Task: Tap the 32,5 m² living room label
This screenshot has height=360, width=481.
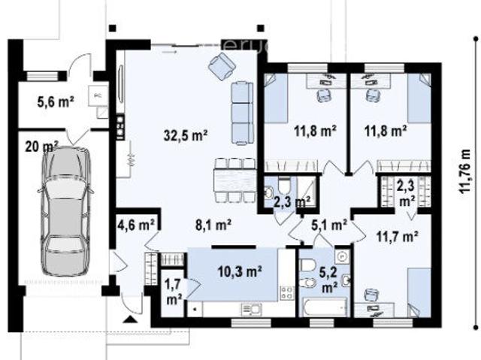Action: pyautogui.click(x=186, y=135)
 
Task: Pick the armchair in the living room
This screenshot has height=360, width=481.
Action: pyautogui.click(x=221, y=68)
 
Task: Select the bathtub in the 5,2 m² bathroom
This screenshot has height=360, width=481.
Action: pyautogui.click(x=322, y=307)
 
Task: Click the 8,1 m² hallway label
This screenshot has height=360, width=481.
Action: pyautogui.click(x=213, y=223)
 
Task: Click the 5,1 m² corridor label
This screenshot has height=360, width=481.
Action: pyautogui.click(x=328, y=223)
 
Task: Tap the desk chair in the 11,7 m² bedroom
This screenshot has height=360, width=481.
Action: pyautogui.click(x=371, y=295)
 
